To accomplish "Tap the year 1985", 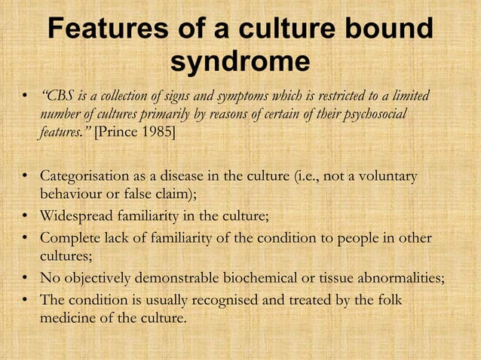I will click(158, 133).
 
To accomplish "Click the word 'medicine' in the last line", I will click(67, 319).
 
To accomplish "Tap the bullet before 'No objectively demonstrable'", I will click(26, 279).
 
